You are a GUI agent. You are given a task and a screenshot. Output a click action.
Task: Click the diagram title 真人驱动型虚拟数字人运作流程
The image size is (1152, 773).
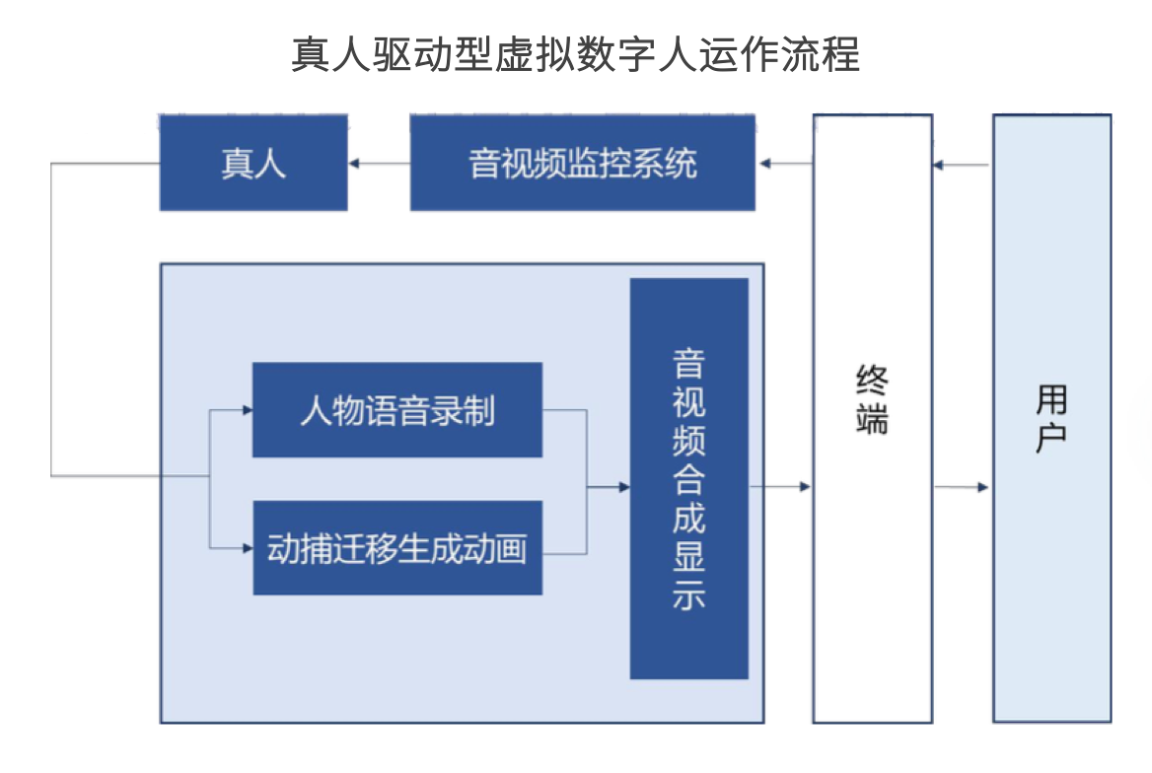click(x=575, y=54)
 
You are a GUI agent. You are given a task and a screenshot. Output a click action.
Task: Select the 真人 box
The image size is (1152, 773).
click(x=253, y=163)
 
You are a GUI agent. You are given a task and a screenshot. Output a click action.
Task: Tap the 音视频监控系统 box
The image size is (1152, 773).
click(x=583, y=163)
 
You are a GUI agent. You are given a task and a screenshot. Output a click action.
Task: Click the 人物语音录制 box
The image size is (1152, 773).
click(x=397, y=410)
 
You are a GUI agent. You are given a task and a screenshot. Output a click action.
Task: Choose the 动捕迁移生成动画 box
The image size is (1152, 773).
click(x=397, y=548)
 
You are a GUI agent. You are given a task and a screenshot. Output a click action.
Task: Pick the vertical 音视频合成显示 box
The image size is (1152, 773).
click(x=689, y=478)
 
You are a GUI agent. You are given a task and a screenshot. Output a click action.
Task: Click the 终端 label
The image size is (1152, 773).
click(x=872, y=399)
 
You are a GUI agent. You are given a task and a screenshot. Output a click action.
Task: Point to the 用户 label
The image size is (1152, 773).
click(x=1051, y=418)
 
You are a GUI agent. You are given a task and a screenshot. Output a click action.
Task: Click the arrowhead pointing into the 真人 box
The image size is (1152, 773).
click(x=353, y=163)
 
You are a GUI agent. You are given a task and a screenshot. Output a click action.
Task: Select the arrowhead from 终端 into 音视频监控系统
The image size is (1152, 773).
click(x=764, y=163)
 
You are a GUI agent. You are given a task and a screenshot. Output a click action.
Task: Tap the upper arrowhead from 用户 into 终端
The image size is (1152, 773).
click(x=938, y=165)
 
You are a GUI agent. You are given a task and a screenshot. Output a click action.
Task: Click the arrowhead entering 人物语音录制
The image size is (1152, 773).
click(x=248, y=410)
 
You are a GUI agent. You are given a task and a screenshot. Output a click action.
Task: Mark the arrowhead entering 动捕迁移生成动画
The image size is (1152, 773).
click(x=248, y=548)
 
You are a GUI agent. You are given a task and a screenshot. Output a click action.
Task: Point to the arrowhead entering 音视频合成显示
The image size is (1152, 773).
click(x=624, y=486)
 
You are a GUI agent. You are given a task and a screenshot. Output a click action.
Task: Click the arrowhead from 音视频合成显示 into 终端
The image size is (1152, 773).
click(x=805, y=486)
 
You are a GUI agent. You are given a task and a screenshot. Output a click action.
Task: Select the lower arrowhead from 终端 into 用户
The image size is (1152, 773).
click(x=983, y=487)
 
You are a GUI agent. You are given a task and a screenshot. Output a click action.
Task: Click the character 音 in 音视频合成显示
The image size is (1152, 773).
click(x=689, y=364)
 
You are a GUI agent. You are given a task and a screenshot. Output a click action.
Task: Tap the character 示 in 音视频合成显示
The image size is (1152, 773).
click(x=689, y=595)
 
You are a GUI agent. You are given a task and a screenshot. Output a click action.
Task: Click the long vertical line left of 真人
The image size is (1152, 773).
click(x=50, y=319)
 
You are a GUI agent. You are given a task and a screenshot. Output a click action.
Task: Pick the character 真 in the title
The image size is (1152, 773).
click(x=311, y=54)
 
